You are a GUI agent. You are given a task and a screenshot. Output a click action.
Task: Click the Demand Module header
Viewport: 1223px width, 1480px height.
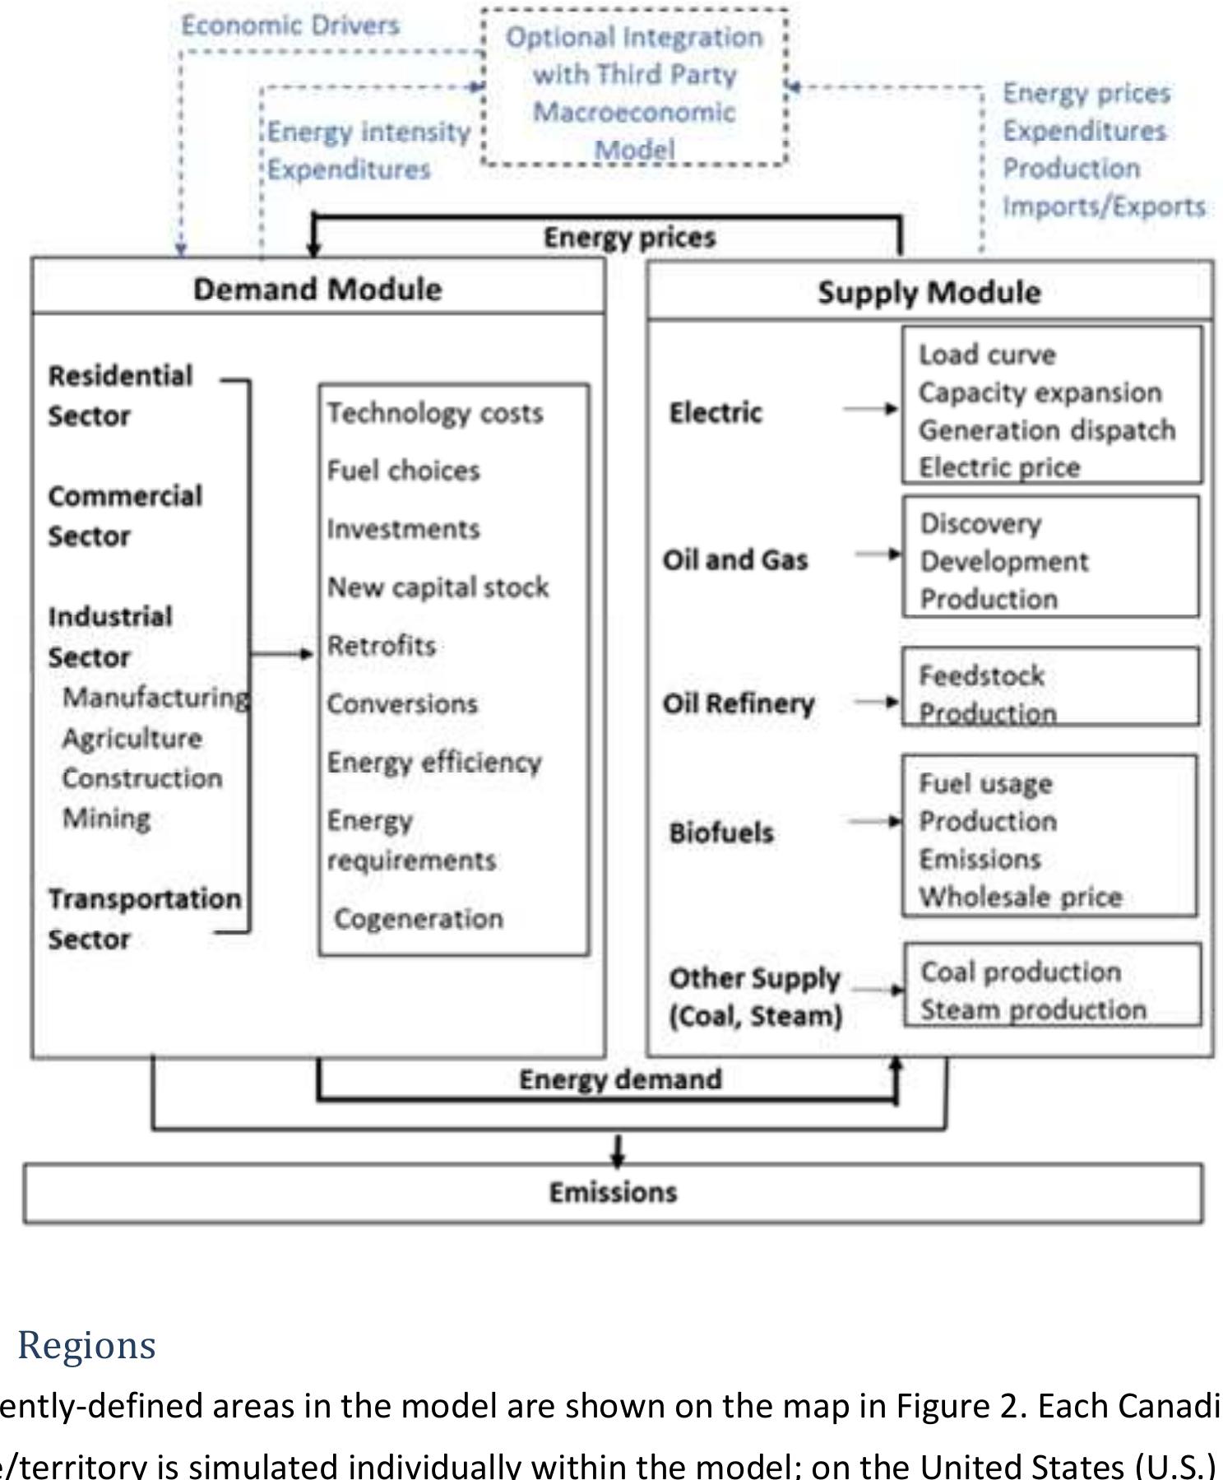pos(317,290)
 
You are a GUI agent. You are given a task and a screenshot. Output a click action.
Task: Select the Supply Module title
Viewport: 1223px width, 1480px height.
pos(929,293)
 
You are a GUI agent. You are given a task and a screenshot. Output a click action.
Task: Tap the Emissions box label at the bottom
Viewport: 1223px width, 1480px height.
pos(613,1192)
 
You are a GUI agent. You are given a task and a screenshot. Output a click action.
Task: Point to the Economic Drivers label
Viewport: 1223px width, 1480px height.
pos(290,26)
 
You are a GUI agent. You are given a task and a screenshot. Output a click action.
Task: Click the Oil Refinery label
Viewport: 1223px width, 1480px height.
pos(739,704)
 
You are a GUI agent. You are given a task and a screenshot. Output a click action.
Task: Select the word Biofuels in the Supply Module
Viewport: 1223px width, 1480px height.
pos(721,833)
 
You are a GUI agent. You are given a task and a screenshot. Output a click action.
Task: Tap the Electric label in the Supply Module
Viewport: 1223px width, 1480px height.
pos(716,412)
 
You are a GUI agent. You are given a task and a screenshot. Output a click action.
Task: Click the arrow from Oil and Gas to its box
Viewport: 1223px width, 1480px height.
pos(878,554)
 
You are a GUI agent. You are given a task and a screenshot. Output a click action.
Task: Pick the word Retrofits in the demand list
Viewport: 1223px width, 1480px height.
pos(382,646)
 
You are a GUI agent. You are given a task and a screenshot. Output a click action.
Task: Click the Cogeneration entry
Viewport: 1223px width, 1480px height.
pos(419,919)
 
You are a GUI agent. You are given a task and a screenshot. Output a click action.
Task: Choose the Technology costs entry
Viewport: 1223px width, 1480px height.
pos(435,413)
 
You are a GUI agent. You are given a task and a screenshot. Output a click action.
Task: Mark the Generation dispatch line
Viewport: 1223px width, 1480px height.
pos(1047,430)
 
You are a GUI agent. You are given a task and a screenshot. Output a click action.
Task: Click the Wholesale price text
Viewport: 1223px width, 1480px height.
pos(1021,897)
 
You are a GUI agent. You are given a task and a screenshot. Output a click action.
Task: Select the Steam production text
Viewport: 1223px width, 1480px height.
pos(1033,1010)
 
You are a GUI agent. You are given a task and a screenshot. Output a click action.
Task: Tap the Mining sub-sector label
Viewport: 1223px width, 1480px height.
pos(107,819)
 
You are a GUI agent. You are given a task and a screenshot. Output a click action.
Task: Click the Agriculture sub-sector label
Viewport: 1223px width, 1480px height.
pos(132,738)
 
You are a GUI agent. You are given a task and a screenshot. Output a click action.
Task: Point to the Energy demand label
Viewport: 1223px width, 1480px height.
pos(620,1079)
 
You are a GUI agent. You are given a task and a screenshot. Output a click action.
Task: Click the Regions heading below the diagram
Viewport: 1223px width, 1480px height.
pos(86,1345)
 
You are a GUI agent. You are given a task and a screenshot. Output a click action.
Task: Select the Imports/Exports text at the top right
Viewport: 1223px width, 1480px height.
pos(1104,206)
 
